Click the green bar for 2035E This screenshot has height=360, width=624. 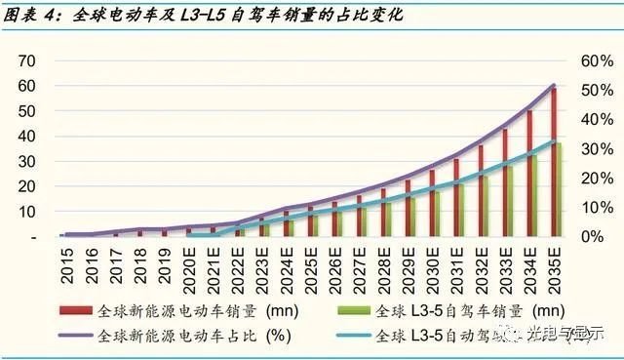coord(559,189)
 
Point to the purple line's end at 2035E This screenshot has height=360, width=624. coord(555,85)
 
